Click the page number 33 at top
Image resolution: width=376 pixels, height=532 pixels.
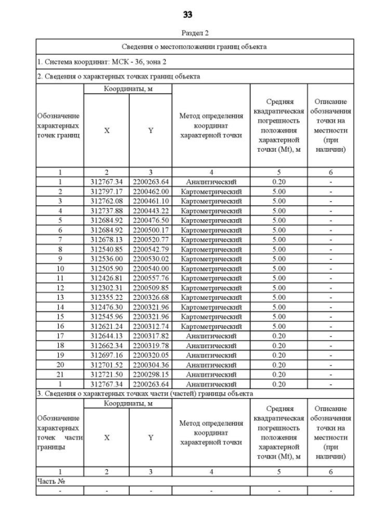click(x=187, y=15)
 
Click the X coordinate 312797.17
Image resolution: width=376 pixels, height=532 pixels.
click(x=106, y=192)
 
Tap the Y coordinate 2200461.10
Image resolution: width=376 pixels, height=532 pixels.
click(x=150, y=201)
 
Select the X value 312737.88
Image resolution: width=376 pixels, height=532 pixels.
click(x=106, y=210)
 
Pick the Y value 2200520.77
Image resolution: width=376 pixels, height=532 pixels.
click(x=150, y=240)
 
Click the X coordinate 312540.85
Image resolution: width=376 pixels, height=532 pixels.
click(x=106, y=249)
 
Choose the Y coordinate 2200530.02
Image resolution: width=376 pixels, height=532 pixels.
click(x=150, y=259)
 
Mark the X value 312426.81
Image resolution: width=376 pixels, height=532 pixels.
click(x=106, y=278)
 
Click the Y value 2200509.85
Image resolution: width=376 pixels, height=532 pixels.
click(x=150, y=288)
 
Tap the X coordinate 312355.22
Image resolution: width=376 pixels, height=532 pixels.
click(x=106, y=297)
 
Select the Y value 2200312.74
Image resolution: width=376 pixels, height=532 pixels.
click(x=150, y=326)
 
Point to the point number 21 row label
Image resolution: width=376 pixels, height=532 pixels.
click(x=60, y=374)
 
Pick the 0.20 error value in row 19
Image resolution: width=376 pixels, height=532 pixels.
click(x=278, y=355)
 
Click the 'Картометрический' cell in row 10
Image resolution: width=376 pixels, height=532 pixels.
click(x=211, y=269)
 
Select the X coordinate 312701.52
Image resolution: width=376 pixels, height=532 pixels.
click(x=106, y=365)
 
